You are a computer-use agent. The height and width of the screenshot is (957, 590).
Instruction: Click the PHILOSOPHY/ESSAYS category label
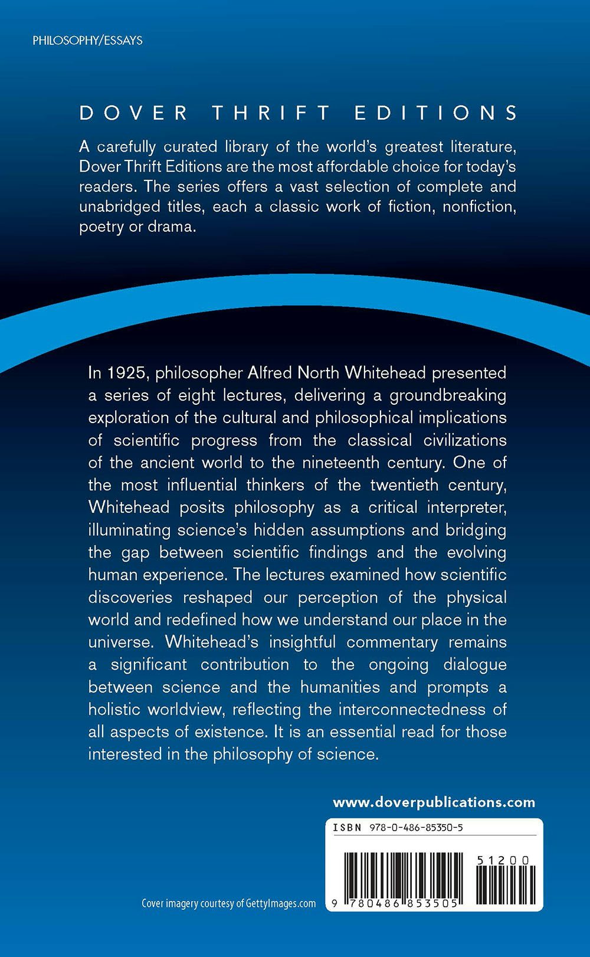click(x=87, y=41)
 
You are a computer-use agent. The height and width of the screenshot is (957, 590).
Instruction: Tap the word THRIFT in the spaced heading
click(x=271, y=113)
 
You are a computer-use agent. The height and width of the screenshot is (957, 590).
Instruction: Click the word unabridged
click(x=112, y=207)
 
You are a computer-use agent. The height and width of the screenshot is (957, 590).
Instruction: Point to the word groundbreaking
click(x=448, y=395)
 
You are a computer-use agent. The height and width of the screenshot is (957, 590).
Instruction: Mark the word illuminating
click(x=129, y=530)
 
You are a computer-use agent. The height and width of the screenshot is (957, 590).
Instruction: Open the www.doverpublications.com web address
click(x=434, y=802)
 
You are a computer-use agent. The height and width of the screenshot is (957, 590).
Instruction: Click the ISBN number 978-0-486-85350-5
click(x=416, y=827)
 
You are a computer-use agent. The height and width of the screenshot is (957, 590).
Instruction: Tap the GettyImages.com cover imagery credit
click(x=228, y=903)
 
